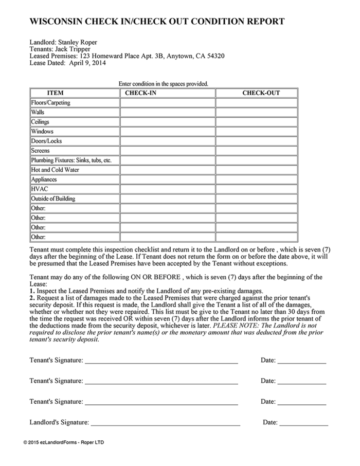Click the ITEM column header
(55, 93)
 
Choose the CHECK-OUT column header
(261, 93)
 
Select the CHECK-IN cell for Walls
(167, 112)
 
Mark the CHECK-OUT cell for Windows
(256, 131)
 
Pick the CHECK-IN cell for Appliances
(167, 180)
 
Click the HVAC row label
(40, 189)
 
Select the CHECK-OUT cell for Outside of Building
(256, 199)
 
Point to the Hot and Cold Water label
(55, 170)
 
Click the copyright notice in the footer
(66, 442)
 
